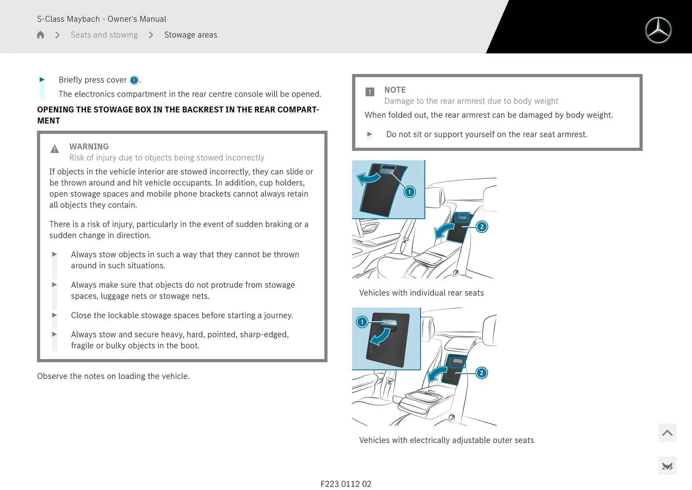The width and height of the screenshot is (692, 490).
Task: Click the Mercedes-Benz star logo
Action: pyautogui.click(x=658, y=30)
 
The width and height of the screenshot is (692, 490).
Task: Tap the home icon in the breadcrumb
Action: pyautogui.click(x=40, y=35)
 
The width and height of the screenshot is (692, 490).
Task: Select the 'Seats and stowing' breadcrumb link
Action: pyautogui.click(x=104, y=35)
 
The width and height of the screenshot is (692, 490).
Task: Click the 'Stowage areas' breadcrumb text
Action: pyautogui.click(x=191, y=35)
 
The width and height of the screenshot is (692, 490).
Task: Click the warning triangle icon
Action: pyautogui.click(x=54, y=149)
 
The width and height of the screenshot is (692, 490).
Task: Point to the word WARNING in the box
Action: pyautogui.click(x=89, y=146)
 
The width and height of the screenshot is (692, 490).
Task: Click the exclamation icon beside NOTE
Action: pyautogui.click(x=370, y=92)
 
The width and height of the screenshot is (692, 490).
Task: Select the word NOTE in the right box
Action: pyautogui.click(x=395, y=90)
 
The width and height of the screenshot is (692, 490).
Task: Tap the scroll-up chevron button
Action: pyautogui.click(x=667, y=433)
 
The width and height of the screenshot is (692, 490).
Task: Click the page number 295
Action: pyautogui.click(x=667, y=467)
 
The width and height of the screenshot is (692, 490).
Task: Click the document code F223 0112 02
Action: pyautogui.click(x=346, y=484)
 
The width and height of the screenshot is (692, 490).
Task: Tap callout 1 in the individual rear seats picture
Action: pyautogui.click(x=409, y=192)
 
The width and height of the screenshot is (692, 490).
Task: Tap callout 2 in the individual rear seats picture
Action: pyautogui.click(x=482, y=227)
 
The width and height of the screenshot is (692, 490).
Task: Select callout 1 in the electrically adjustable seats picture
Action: pyautogui.click(x=362, y=321)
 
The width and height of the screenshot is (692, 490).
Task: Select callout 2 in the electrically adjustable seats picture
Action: pyautogui.click(x=482, y=373)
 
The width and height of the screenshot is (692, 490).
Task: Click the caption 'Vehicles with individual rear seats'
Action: pyautogui.click(x=421, y=293)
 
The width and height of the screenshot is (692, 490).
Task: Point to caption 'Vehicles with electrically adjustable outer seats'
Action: pyautogui.click(x=446, y=440)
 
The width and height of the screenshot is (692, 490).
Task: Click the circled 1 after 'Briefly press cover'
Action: pyautogui.click(x=134, y=80)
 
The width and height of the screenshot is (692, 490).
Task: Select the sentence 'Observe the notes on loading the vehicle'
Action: pyautogui.click(x=113, y=376)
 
